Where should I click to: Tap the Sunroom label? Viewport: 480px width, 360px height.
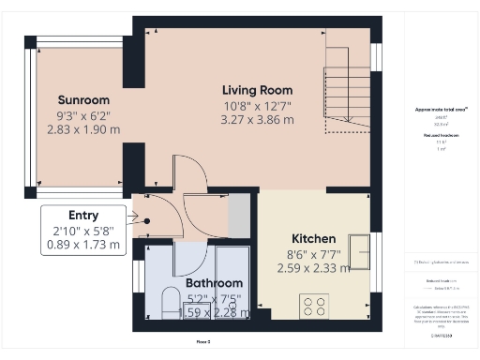coord(84,100)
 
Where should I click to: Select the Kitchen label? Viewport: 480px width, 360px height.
coord(313,238)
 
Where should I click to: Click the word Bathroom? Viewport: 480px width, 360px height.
coord(214,283)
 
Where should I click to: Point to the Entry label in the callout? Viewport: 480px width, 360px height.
coord(83,215)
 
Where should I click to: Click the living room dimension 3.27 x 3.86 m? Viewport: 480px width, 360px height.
coord(256,119)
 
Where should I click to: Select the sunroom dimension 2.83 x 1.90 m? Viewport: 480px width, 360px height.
coord(84,130)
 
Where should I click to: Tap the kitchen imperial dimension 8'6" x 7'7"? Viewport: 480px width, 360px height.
coord(313,253)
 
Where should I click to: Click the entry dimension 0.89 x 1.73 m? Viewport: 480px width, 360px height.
coord(83,245)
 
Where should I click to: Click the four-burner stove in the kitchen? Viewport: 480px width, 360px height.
coord(312,305)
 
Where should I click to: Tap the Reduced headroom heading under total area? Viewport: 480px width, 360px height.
coord(441,135)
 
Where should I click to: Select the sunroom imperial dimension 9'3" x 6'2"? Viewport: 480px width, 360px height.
coord(84,115)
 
